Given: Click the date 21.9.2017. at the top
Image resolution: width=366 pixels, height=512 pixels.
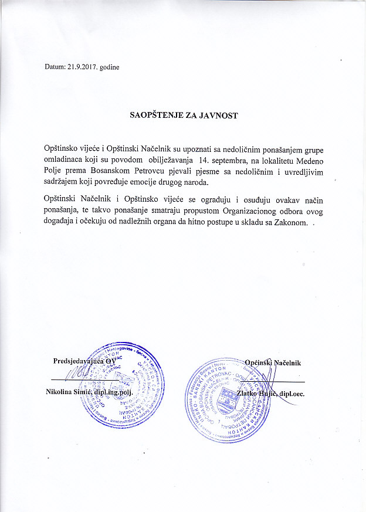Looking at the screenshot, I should click(86, 67).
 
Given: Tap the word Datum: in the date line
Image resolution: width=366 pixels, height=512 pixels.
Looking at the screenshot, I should click(56, 67).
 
